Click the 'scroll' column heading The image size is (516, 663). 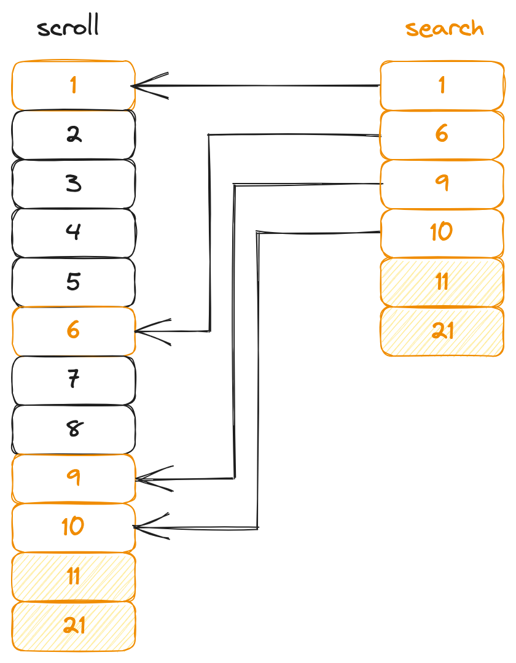(68, 28)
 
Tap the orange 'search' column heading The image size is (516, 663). (444, 28)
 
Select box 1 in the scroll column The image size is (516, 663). (73, 85)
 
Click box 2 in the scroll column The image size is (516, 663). (73, 134)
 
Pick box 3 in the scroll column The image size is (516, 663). (73, 184)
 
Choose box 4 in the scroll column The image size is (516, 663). (73, 233)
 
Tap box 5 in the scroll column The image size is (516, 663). (73, 282)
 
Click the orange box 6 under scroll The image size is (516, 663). (73, 331)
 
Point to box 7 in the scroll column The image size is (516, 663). (73, 380)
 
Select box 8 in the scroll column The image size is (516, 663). (73, 429)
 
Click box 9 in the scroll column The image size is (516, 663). (73, 478)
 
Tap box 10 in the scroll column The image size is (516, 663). (73, 527)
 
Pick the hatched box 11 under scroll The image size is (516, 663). (73, 576)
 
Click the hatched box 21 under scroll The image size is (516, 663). (73, 626)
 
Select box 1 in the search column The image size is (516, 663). (442, 85)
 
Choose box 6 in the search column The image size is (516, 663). (442, 134)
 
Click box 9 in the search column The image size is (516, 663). (442, 184)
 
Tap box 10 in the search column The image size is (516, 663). (442, 233)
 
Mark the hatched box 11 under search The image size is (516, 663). (442, 282)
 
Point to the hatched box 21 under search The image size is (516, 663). (442, 331)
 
